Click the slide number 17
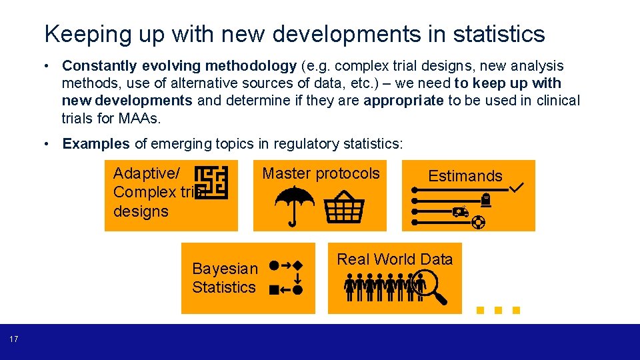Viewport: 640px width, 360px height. tap(14, 340)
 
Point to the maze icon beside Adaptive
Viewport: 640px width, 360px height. tap(211, 181)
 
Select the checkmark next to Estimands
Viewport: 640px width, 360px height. tap(516, 189)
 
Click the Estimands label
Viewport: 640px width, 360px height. tap(465, 176)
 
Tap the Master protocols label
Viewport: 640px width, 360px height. tap(321, 174)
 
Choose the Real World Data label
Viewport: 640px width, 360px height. tap(395, 259)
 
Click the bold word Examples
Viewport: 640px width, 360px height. tap(96, 143)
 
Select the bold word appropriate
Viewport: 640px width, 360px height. tap(403, 101)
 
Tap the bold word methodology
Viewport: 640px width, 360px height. tap(251, 66)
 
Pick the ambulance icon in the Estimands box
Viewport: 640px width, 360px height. tap(460, 212)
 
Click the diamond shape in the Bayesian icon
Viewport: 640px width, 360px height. tap(298, 265)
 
